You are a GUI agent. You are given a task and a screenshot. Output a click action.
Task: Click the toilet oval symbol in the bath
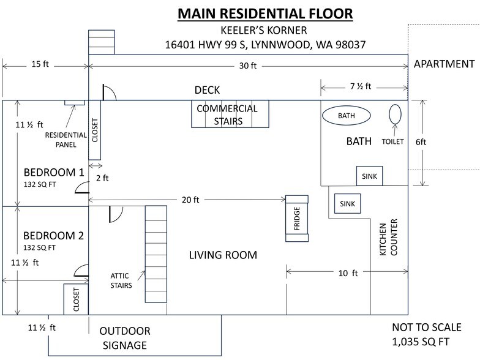click(395, 114)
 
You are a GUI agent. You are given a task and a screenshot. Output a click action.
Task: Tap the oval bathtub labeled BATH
click(347, 116)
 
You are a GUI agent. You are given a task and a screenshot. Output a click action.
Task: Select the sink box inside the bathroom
click(369, 176)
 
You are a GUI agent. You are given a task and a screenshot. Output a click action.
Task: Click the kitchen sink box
click(347, 203)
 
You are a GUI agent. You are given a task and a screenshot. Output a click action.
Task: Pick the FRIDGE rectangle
click(296, 219)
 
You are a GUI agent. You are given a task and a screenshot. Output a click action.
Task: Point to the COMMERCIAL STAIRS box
click(230, 114)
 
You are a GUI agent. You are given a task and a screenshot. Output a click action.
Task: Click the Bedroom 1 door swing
click(82, 187)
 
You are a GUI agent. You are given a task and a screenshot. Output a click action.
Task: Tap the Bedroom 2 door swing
click(81, 271)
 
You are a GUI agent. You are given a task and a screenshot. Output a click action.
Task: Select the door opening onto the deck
click(109, 92)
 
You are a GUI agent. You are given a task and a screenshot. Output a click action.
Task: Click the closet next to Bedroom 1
click(94, 130)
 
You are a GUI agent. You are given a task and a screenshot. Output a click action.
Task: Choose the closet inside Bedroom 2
click(76, 299)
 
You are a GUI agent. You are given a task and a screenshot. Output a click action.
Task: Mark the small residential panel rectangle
click(75, 103)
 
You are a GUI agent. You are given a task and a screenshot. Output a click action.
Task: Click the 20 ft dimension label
click(190, 200)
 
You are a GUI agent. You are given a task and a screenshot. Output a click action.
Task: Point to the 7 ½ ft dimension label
click(361, 86)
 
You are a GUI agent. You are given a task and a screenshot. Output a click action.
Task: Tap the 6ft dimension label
click(421, 142)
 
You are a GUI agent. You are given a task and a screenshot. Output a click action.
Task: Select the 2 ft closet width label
click(102, 178)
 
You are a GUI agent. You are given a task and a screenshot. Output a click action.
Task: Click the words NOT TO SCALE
click(426, 327)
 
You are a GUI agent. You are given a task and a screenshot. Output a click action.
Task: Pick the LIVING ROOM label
click(223, 255)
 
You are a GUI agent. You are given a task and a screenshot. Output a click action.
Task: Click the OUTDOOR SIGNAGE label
click(125, 338)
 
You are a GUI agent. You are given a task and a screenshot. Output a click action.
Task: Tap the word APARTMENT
click(444, 64)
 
